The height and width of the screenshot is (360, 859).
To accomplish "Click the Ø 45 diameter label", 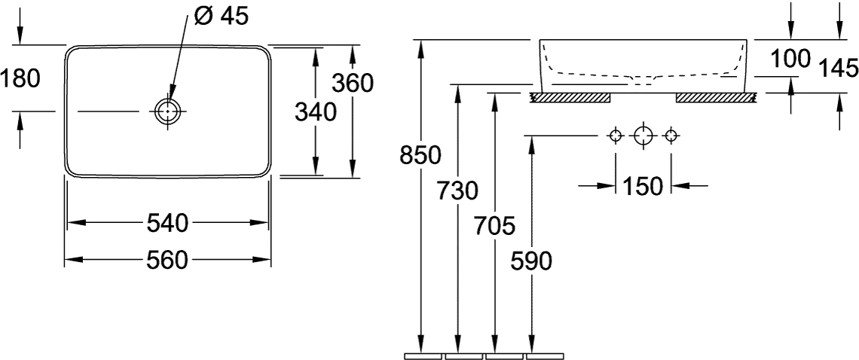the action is tap(221, 16).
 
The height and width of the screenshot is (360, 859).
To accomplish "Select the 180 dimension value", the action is tap(20, 79).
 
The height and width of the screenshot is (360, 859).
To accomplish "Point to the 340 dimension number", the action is tap(315, 112).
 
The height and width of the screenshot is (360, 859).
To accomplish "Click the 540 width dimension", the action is tap(167, 223).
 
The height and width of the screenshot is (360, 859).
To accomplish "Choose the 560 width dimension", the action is tap(167, 260).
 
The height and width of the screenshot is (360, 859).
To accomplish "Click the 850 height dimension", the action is tap(420, 156).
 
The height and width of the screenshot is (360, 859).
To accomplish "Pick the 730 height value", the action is tap(457, 191).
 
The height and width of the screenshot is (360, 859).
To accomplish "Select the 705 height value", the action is tap(495, 226).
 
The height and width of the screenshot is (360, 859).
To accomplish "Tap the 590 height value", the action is tap(531, 261).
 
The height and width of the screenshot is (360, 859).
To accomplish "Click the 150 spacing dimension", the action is tap(643, 187).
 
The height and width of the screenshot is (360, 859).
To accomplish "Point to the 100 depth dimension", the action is tap(790, 59).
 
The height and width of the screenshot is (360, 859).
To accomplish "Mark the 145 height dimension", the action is tap(839, 69).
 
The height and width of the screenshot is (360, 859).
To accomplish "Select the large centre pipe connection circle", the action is tap(643, 135).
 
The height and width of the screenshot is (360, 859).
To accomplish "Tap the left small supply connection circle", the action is tap(616, 135).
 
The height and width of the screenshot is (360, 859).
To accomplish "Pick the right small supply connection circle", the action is tap(670, 135).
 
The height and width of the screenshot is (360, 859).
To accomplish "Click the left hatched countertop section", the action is tap(570, 98).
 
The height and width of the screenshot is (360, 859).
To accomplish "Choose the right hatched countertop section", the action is tap(717, 98).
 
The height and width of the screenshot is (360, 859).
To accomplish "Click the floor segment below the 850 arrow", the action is tap(423, 357).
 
